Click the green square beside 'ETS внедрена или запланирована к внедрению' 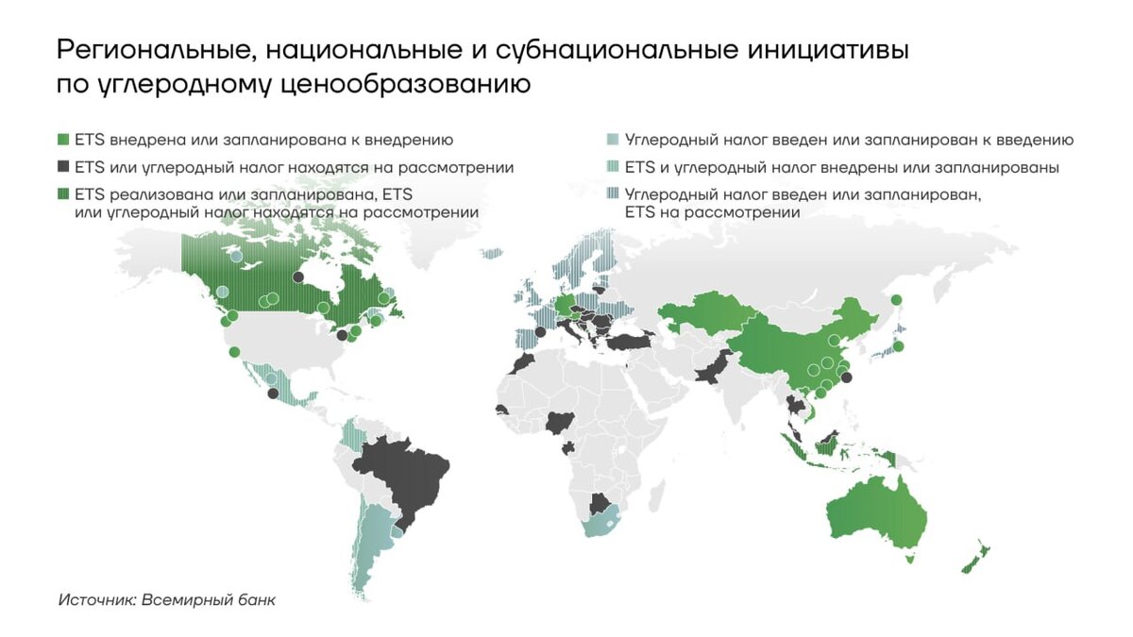(63, 140)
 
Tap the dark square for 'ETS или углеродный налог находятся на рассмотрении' (63, 167)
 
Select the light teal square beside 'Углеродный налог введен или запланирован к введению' (614, 140)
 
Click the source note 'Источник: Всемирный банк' (166, 599)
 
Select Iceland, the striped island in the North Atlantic (491, 253)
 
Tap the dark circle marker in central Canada (298, 277)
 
